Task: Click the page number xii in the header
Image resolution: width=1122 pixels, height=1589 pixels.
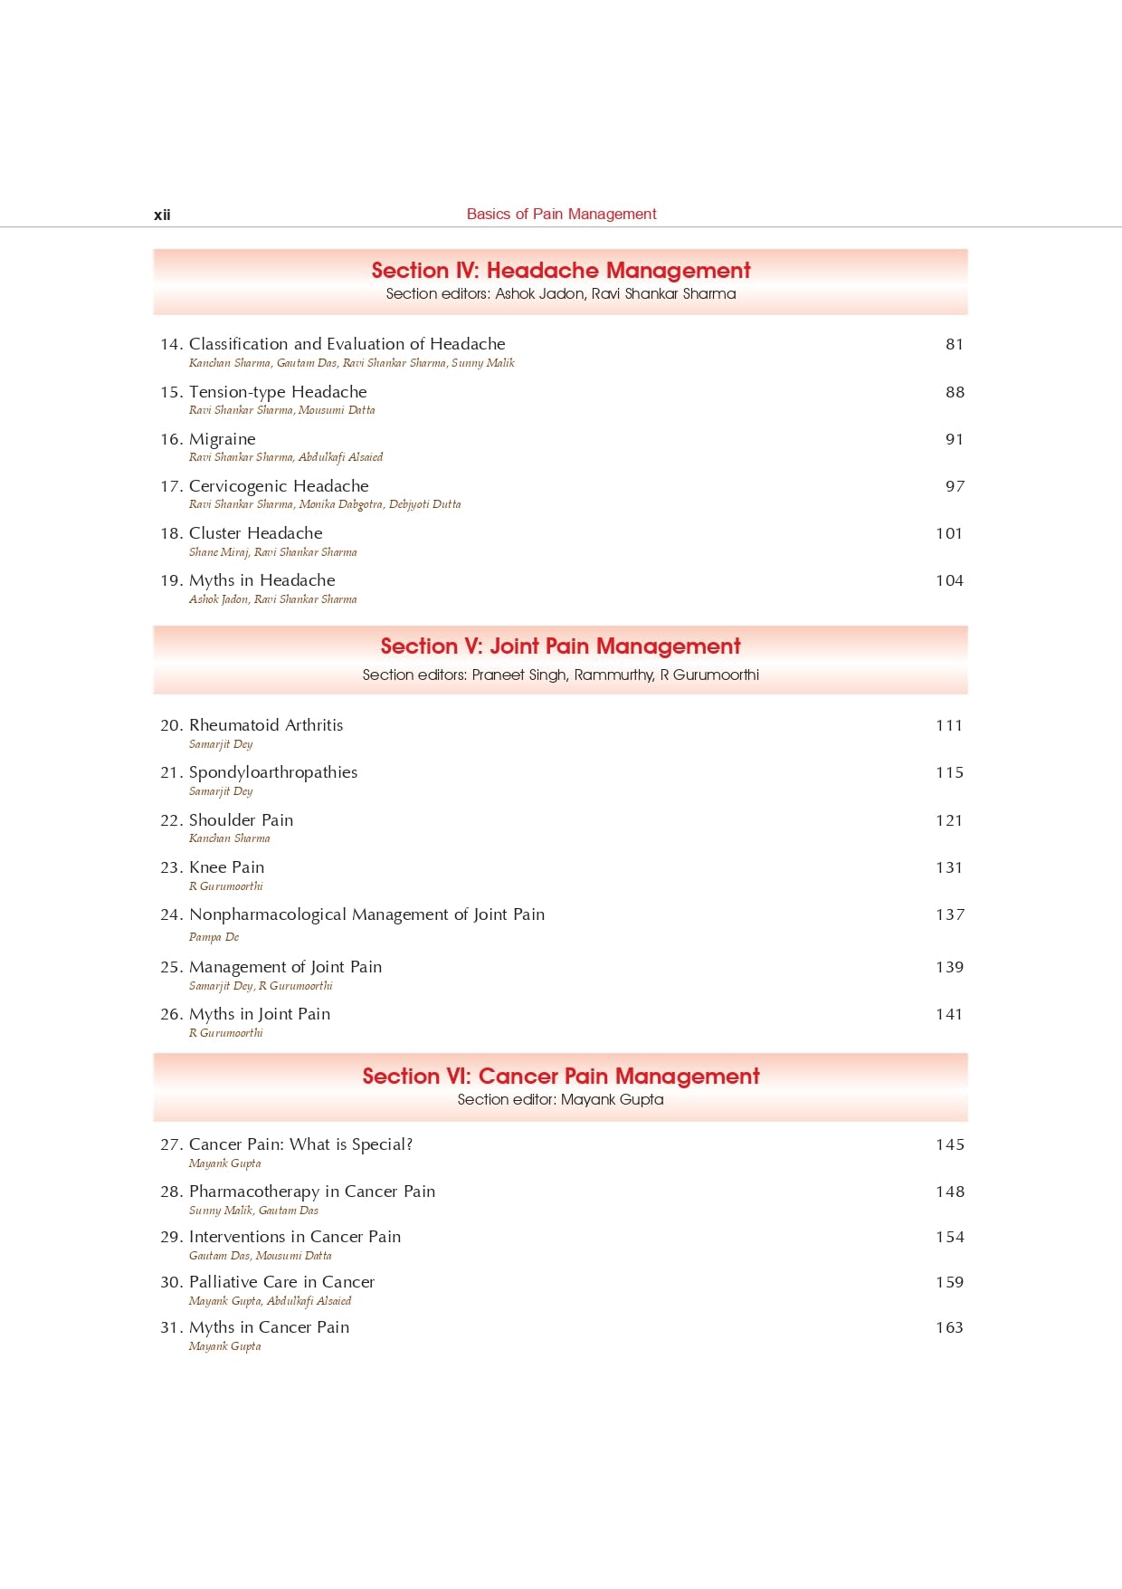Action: point(162,215)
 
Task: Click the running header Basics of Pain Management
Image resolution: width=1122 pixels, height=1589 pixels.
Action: point(561,214)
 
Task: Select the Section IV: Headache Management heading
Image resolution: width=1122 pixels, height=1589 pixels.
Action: point(561,270)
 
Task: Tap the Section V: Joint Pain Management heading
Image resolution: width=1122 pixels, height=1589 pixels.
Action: point(560,646)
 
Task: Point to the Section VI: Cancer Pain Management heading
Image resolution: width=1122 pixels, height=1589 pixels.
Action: point(561,1076)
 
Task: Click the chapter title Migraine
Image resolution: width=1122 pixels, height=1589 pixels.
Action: point(223,439)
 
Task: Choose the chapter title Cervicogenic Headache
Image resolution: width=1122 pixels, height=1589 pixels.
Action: point(279,486)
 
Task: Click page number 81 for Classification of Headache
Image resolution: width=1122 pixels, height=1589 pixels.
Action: point(955,344)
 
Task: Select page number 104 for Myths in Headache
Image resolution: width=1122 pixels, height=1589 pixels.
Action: point(949,580)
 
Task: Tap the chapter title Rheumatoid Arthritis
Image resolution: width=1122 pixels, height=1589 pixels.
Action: point(266,725)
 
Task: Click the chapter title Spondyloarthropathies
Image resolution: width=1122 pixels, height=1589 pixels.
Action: point(273,772)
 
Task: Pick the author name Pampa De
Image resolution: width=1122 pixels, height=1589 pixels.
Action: point(214,937)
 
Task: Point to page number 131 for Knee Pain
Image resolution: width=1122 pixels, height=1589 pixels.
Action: point(949,867)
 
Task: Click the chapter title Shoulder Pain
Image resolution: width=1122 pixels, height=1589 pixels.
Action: point(241,820)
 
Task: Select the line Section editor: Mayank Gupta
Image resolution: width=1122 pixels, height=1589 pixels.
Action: point(560,1099)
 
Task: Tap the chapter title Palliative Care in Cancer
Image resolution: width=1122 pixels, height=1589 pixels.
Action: point(281,1282)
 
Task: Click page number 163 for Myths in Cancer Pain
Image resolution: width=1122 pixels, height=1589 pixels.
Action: point(949,1327)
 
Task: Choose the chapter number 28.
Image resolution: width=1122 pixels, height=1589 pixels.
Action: point(171,1192)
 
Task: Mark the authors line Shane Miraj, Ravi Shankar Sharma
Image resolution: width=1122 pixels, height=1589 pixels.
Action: point(272,552)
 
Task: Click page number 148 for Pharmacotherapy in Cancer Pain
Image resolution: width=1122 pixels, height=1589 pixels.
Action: point(949,1192)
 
